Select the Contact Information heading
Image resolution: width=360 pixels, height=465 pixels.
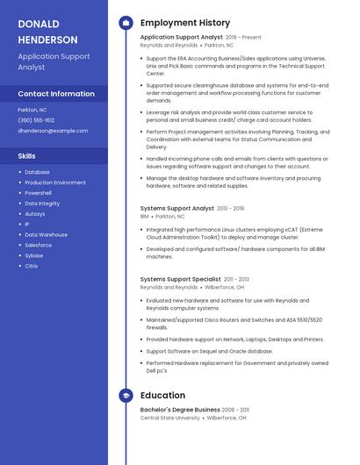[x=56, y=94]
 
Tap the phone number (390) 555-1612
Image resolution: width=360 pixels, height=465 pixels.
[x=36, y=120]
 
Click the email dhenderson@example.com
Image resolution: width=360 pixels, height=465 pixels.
[x=53, y=131]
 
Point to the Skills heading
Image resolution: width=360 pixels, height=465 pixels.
[x=26, y=155]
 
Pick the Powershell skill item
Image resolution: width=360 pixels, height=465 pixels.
[x=38, y=193]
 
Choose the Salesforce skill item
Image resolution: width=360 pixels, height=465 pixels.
[x=38, y=245]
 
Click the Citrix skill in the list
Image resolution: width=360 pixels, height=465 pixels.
[x=31, y=266]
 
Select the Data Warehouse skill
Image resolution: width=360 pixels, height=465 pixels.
[x=46, y=234]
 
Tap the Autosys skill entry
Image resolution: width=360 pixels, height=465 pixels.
[x=34, y=214]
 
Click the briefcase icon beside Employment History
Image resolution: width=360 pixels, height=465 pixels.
[x=126, y=23]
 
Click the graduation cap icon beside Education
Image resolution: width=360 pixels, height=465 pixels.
[x=126, y=396]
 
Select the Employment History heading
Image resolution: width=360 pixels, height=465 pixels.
[x=185, y=23]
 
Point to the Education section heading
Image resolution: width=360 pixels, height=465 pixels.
[x=162, y=396]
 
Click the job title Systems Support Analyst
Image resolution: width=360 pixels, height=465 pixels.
[x=176, y=209]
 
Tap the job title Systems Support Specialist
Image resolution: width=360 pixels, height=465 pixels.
[x=180, y=279]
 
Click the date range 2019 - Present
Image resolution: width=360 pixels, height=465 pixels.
[x=243, y=38]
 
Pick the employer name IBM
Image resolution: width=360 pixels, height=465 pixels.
[x=144, y=216]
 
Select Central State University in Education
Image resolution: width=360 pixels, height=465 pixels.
[x=170, y=418]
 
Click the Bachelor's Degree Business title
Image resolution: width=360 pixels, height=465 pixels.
[x=180, y=410]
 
